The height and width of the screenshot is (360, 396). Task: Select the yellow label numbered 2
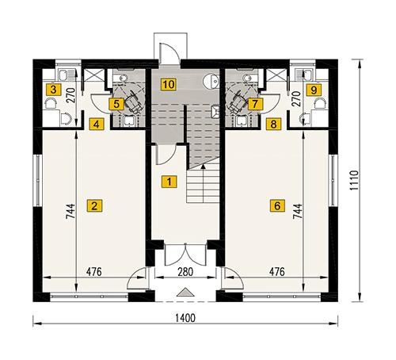(x=95, y=206)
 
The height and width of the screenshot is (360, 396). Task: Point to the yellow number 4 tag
(x=96, y=124)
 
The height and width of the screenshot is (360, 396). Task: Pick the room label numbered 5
(x=116, y=104)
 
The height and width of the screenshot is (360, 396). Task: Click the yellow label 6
(x=276, y=206)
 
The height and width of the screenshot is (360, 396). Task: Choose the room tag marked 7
(x=254, y=104)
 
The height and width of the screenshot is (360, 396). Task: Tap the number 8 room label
(x=274, y=124)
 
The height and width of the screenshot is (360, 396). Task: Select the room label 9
(x=314, y=90)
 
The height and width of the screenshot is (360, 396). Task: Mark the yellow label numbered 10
(x=167, y=83)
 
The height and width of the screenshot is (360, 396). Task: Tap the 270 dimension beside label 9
(x=297, y=98)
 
